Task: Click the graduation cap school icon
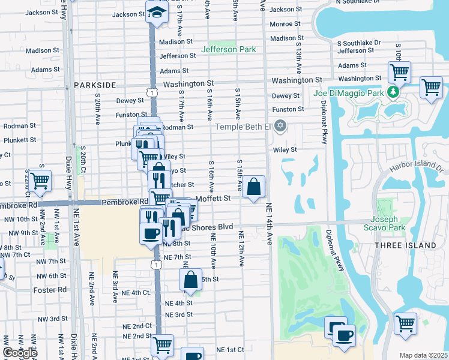[x=157, y=13]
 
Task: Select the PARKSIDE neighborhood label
[x=94, y=85]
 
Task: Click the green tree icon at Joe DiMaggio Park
[x=393, y=92]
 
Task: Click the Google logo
[x=20, y=352]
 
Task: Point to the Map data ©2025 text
[x=423, y=355]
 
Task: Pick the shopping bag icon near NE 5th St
[x=190, y=280]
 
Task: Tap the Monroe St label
[x=285, y=24]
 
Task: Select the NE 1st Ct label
[x=230, y=349]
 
